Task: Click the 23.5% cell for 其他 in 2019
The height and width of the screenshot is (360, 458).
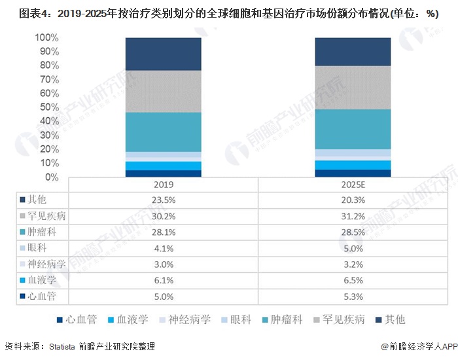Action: click(163, 200)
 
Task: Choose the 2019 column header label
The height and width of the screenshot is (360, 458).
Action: click(163, 184)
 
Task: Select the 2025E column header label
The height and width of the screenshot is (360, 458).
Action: click(353, 184)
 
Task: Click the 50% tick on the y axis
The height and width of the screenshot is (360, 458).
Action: click(48, 107)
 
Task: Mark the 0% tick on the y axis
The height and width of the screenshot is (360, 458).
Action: click(51, 177)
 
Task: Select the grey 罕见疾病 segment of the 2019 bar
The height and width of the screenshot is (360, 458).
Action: click(163, 91)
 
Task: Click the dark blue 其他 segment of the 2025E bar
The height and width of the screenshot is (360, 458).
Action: click(353, 52)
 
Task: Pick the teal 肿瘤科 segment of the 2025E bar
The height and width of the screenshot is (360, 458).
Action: click(353, 129)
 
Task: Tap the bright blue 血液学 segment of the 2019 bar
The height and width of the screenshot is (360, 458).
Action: click(163, 166)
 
